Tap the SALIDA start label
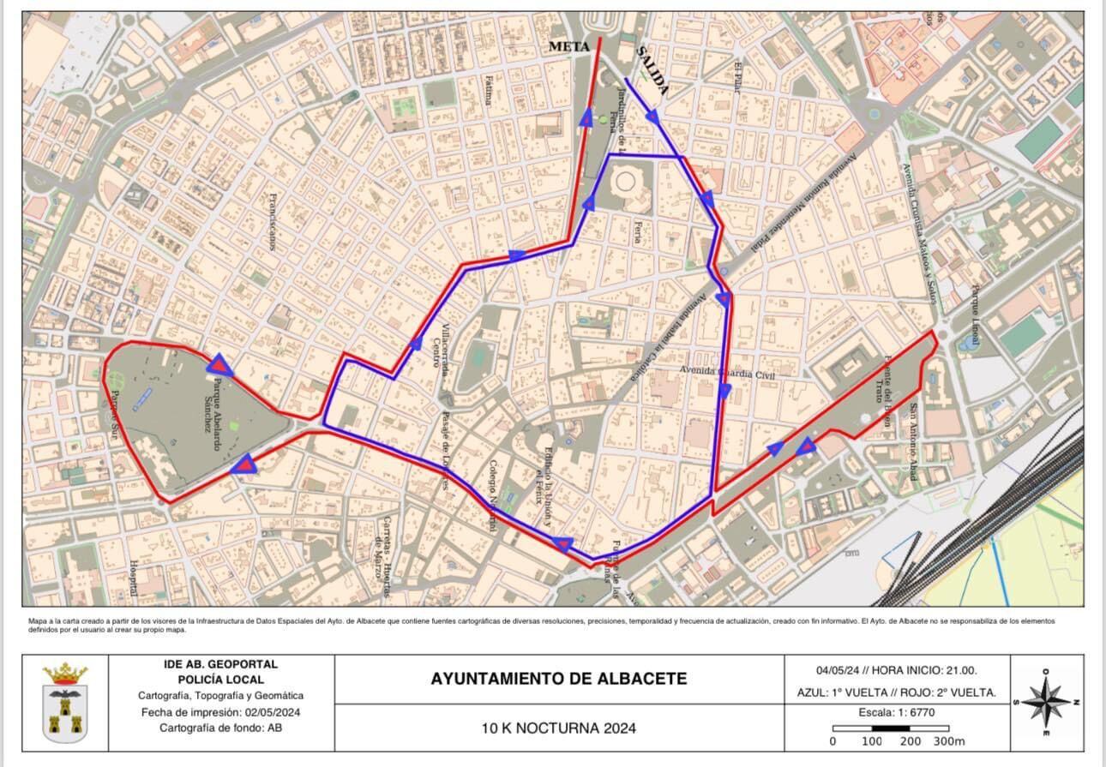652,72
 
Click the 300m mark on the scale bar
949,740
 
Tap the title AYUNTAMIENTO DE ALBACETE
558,679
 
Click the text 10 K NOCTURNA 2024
558,728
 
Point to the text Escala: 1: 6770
897,712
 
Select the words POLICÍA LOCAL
220,679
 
